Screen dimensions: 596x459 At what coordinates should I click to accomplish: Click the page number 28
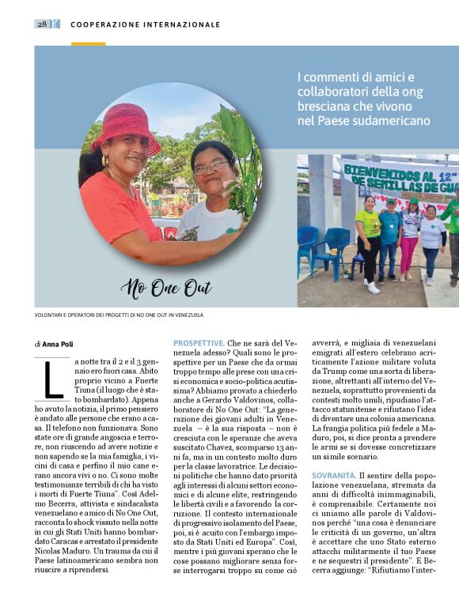click(x=41, y=24)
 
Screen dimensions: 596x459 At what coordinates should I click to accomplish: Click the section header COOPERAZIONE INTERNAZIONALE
click(x=145, y=25)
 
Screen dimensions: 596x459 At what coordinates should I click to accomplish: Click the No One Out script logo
click(x=165, y=288)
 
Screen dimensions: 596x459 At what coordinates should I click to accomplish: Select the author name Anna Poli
click(x=58, y=344)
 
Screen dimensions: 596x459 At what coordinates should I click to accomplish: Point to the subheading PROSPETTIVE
click(x=199, y=343)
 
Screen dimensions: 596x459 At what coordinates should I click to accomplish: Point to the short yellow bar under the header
click(x=88, y=43)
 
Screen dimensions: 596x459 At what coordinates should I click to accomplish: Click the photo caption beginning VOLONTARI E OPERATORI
click(x=119, y=315)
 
